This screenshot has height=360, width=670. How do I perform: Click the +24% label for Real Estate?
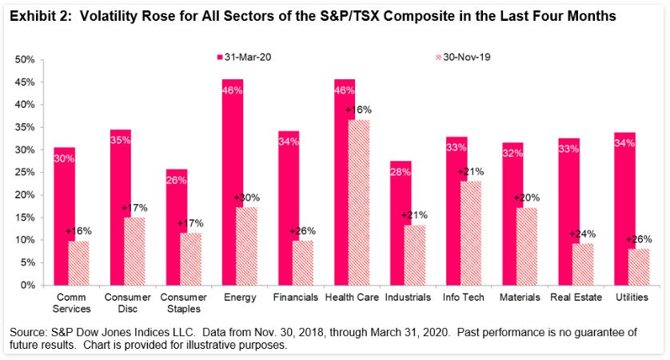click(581, 234)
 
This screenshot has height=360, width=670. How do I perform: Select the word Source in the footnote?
click(27, 331)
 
